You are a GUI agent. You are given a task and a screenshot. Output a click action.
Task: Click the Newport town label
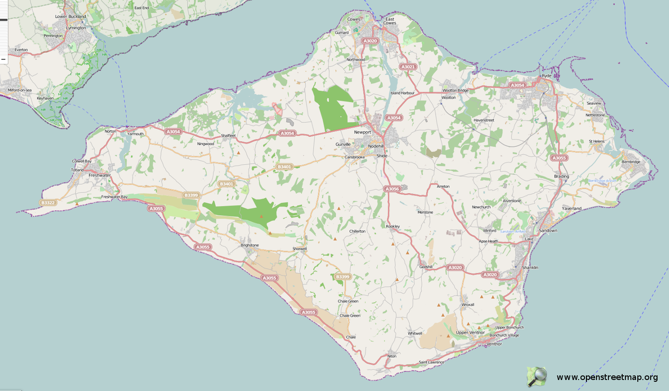tap(362, 132)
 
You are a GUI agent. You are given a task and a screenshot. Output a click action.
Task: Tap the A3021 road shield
tap(408, 67)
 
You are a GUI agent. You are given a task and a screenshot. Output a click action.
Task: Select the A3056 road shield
tap(392, 189)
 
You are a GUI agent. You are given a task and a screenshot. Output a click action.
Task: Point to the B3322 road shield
tap(48, 202)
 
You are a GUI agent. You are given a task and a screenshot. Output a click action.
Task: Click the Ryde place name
tap(546, 76)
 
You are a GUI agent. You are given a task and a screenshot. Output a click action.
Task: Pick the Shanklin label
tap(530, 268)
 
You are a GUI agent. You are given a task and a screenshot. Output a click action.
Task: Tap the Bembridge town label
tap(631, 162)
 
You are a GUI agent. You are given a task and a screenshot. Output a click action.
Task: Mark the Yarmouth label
tap(135, 134)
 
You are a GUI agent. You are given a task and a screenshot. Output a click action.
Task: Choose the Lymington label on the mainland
tap(76, 28)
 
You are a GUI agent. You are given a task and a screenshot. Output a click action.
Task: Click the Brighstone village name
tap(250, 245)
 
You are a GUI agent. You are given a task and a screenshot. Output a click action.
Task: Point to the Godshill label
tap(426, 267)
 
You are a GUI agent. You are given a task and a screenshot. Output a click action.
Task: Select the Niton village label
tap(392, 356)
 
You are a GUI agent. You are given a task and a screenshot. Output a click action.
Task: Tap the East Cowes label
tap(390, 21)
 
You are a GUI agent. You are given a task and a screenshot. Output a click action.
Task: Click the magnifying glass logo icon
tap(537, 377)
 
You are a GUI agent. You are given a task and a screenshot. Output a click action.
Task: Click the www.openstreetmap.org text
tap(607, 377)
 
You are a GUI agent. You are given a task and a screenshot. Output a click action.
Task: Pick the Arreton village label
tap(443, 186)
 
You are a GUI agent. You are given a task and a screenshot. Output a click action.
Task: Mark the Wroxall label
tap(468, 305)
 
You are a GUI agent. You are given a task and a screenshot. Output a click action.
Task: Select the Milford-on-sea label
tap(20, 90)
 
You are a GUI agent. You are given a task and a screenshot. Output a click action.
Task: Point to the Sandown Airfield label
tap(513, 232)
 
